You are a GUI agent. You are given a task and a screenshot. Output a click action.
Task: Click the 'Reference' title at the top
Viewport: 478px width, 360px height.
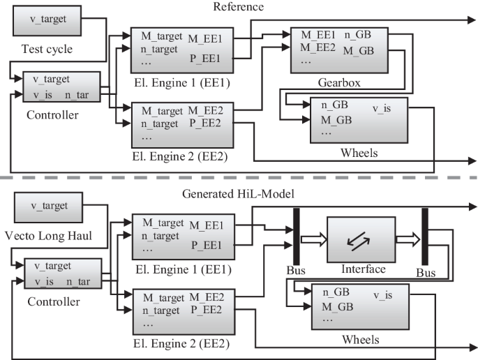point(239,6)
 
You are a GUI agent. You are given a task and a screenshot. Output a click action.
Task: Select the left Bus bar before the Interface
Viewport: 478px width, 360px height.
point(297,238)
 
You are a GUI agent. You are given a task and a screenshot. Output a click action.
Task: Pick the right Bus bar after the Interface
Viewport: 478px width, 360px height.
point(423,238)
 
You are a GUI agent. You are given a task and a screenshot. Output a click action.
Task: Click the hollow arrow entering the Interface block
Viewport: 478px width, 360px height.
point(313,239)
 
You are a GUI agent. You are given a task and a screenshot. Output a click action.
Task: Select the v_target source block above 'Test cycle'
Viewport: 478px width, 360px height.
point(46,19)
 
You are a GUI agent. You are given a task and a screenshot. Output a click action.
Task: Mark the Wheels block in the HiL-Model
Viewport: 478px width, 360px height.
point(358,308)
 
